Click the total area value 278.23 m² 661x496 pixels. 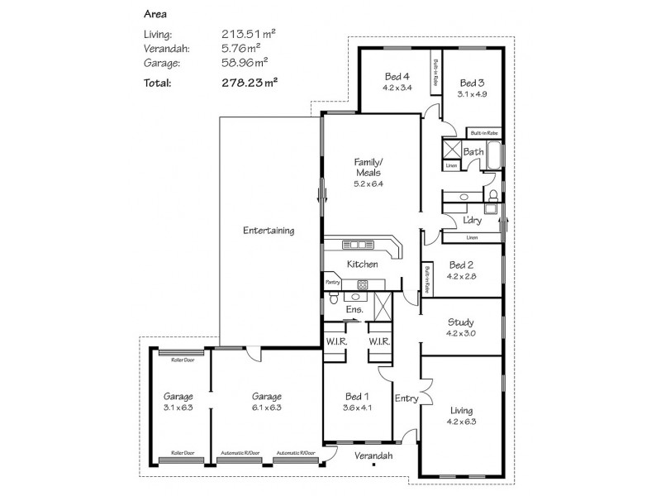249,82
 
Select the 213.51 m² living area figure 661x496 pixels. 248,34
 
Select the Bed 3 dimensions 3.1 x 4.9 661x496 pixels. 473,94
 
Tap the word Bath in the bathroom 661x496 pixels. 473,152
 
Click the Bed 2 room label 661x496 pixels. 462,265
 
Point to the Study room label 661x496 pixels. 461,322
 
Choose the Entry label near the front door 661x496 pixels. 407,398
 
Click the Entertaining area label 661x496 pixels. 269,231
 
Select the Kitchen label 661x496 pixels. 362,265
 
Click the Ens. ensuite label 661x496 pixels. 354,310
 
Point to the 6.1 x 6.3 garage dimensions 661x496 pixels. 267,408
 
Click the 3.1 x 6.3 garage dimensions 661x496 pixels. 178,408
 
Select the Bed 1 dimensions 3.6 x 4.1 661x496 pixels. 356,408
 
